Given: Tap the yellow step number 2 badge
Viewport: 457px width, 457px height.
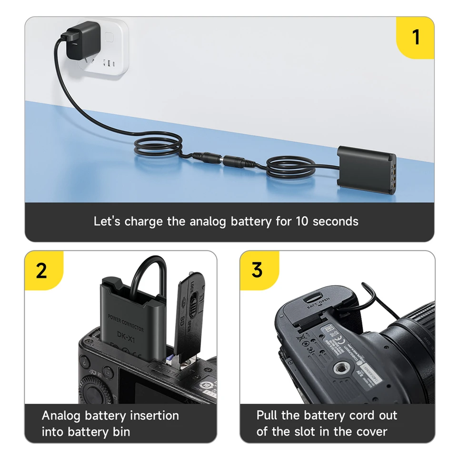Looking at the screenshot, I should pos(42,270).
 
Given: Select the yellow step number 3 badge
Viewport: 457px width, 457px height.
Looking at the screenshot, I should pos(257,270).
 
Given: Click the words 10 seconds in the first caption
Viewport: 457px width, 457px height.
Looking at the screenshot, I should pos(327,221).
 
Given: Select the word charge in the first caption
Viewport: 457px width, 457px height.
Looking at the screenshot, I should pos(144,221).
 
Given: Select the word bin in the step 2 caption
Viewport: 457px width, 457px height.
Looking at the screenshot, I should pos(120,432).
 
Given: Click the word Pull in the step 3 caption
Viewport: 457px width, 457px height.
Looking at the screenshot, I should pos(267,415).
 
